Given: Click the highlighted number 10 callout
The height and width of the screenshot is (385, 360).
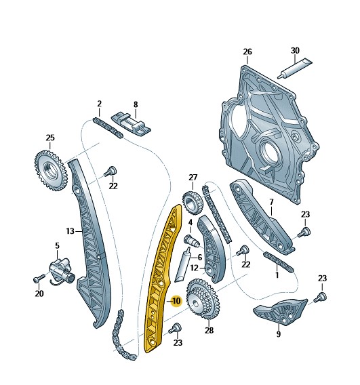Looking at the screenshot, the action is [x=176, y=301].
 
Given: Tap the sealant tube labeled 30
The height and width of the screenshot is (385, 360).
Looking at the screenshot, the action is [x=294, y=68].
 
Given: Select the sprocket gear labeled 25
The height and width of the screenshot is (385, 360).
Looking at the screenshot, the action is [x=50, y=170].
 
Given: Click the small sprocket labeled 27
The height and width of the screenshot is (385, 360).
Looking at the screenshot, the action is [x=193, y=203].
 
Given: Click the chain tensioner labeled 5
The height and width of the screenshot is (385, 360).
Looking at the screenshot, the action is [x=60, y=272].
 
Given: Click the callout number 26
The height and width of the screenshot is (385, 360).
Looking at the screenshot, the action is [x=247, y=52].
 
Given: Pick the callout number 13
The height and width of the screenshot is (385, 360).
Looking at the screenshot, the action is [x=70, y=231].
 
